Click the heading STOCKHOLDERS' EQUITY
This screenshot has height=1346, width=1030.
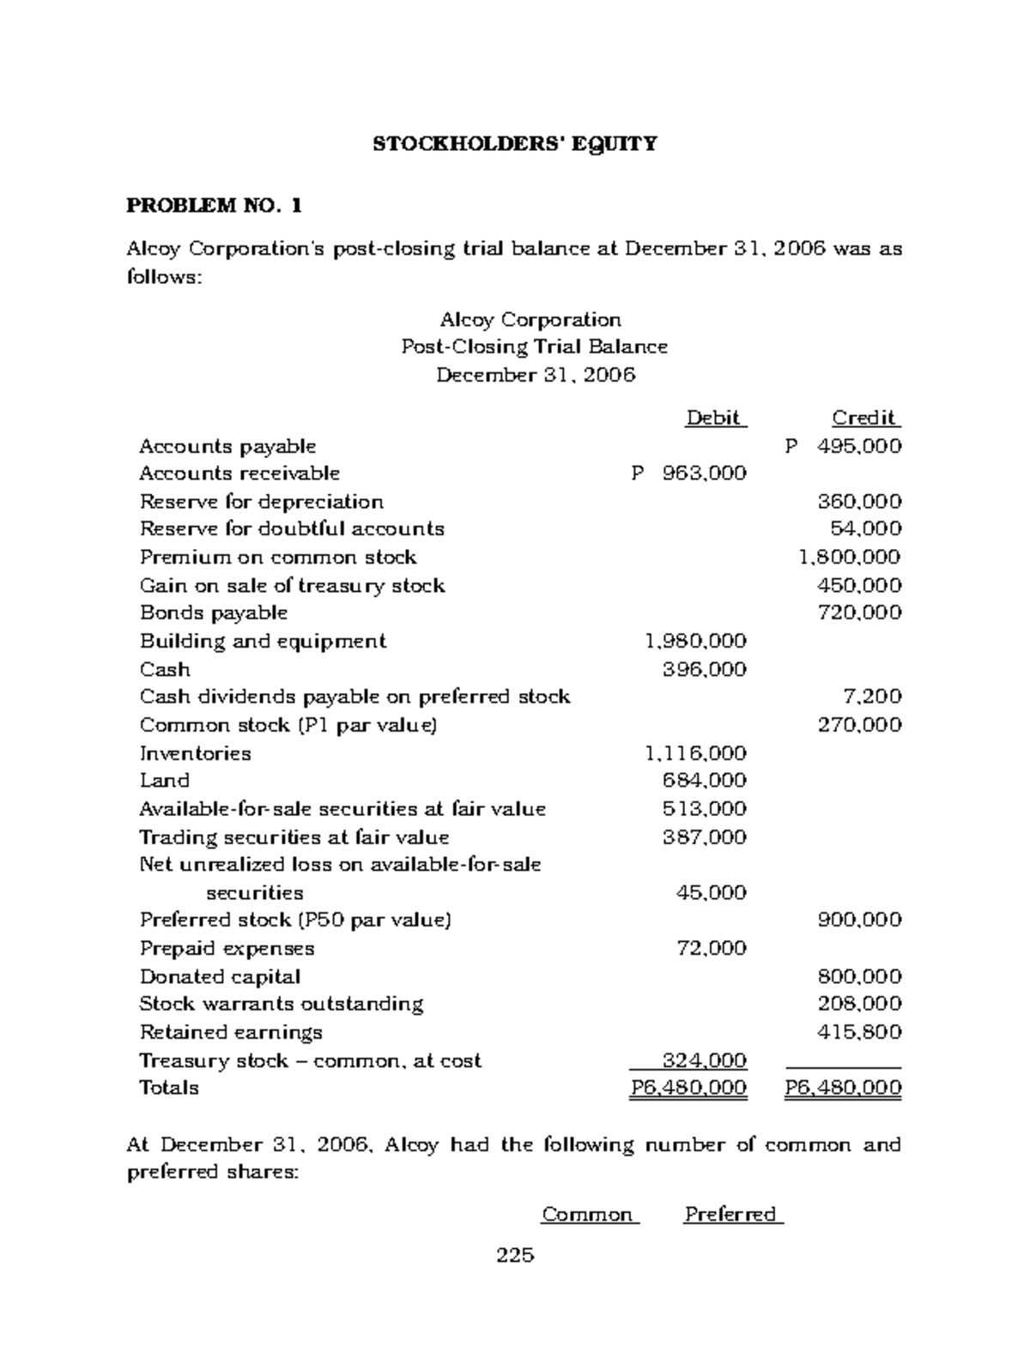514,144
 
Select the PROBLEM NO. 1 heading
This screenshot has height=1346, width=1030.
214,206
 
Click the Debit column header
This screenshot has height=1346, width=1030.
715,419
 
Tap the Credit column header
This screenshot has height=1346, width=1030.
864,419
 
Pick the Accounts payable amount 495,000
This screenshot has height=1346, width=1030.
853,446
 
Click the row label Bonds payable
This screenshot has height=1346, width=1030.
213,613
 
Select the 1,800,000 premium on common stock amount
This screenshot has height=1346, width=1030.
849,558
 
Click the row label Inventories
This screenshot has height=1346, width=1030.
195,753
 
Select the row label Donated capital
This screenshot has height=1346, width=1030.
220,977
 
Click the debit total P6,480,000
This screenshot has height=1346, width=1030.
688,1089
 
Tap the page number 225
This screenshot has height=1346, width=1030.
515,1256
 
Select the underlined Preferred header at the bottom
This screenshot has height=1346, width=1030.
732,1215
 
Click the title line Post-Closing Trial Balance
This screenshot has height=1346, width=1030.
534,347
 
